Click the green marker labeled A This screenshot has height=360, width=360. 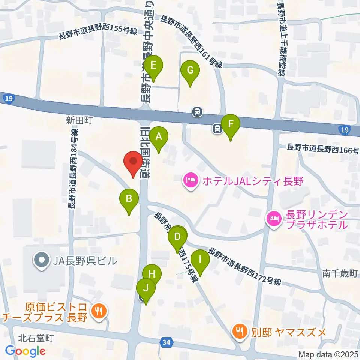(x=159, y=137)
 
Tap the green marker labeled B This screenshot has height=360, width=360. (x=129, y=199)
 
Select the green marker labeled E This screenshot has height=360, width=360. (x=153, y=66)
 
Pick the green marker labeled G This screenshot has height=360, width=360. (x=190, y=71)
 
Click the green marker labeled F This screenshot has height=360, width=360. (x=231, y=124)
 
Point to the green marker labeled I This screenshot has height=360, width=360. (x=200, y=260)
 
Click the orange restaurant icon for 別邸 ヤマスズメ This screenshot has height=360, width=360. (x=239, y=331)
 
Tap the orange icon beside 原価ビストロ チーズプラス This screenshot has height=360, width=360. (x=99, y=311)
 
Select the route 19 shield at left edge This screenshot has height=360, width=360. (x=8, y=99)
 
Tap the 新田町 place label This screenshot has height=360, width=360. (x=79, y=120)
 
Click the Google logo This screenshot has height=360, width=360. (x=25, y=351)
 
